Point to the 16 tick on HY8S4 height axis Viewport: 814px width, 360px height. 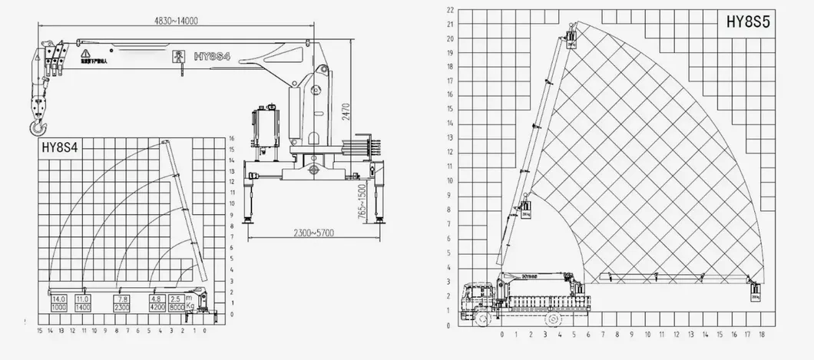click(x=230, y=138)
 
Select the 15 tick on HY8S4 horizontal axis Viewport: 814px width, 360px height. click(x=39, y=330)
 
